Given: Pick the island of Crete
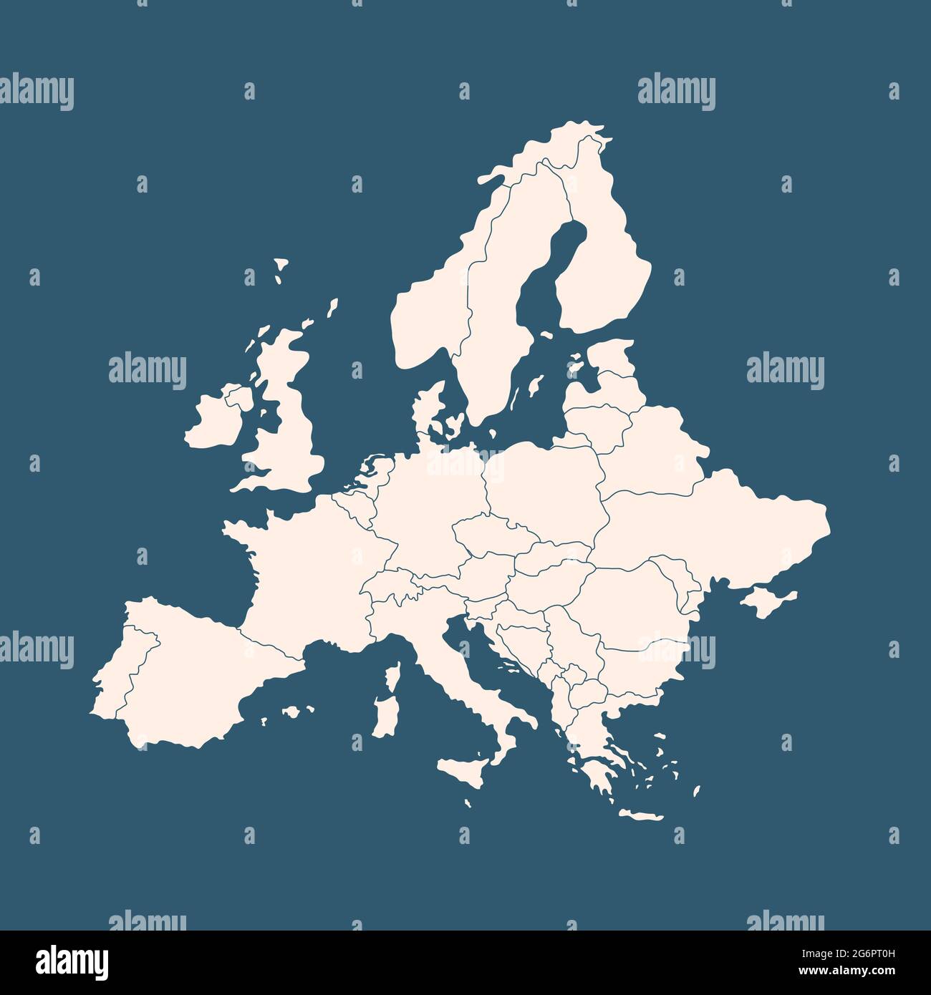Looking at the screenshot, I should tap(640, 815).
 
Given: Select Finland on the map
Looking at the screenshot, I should tap(602, 272).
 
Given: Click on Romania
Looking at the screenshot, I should tap(630, 601).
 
